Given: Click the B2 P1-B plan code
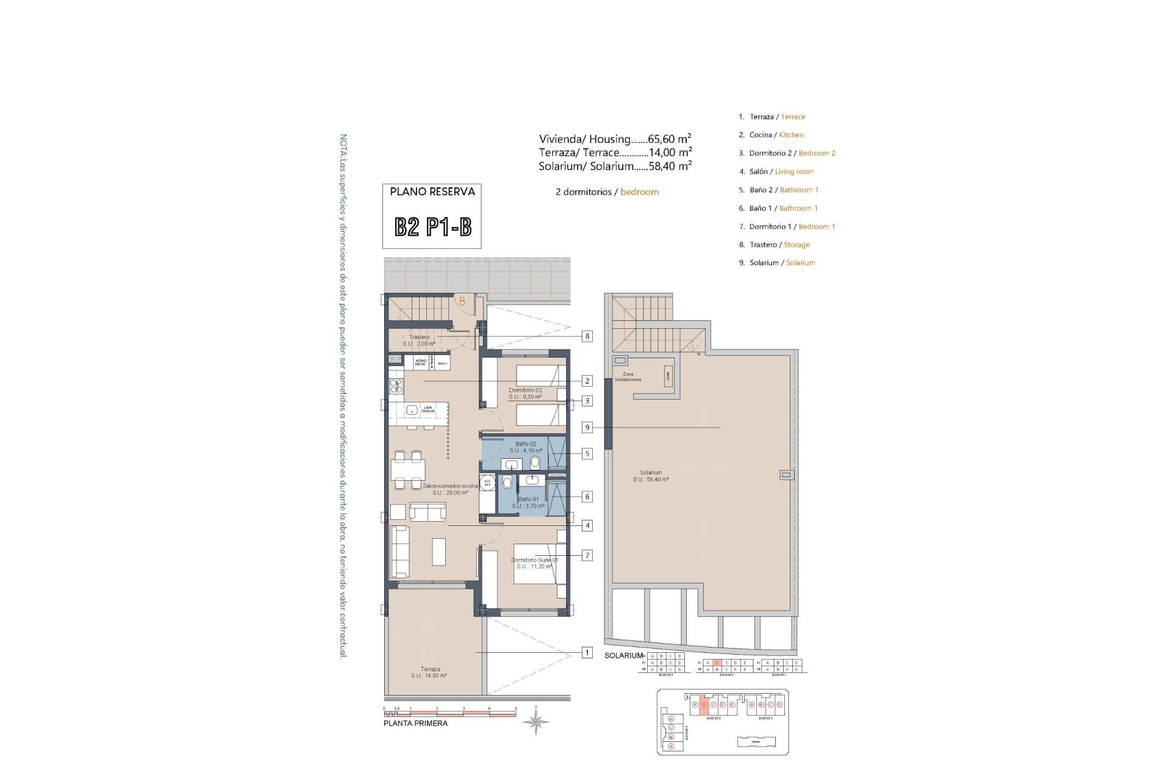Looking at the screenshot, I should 432,228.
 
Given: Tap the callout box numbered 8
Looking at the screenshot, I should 587,336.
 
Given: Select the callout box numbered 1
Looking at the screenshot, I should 587,653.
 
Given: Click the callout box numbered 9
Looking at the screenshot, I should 587,428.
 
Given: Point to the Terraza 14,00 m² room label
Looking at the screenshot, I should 429,672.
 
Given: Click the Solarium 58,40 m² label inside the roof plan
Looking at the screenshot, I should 651,476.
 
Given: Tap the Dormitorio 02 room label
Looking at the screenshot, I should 525,393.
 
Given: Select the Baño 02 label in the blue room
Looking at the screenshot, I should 525,447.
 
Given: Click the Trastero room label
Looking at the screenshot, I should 419,340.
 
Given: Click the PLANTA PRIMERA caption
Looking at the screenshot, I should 415,724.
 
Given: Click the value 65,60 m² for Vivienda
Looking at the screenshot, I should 670,139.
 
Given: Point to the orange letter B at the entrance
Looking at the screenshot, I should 462,301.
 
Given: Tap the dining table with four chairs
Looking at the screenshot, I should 408,470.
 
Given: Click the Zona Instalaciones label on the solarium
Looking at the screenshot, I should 628,376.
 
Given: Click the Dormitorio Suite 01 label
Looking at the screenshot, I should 534,563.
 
